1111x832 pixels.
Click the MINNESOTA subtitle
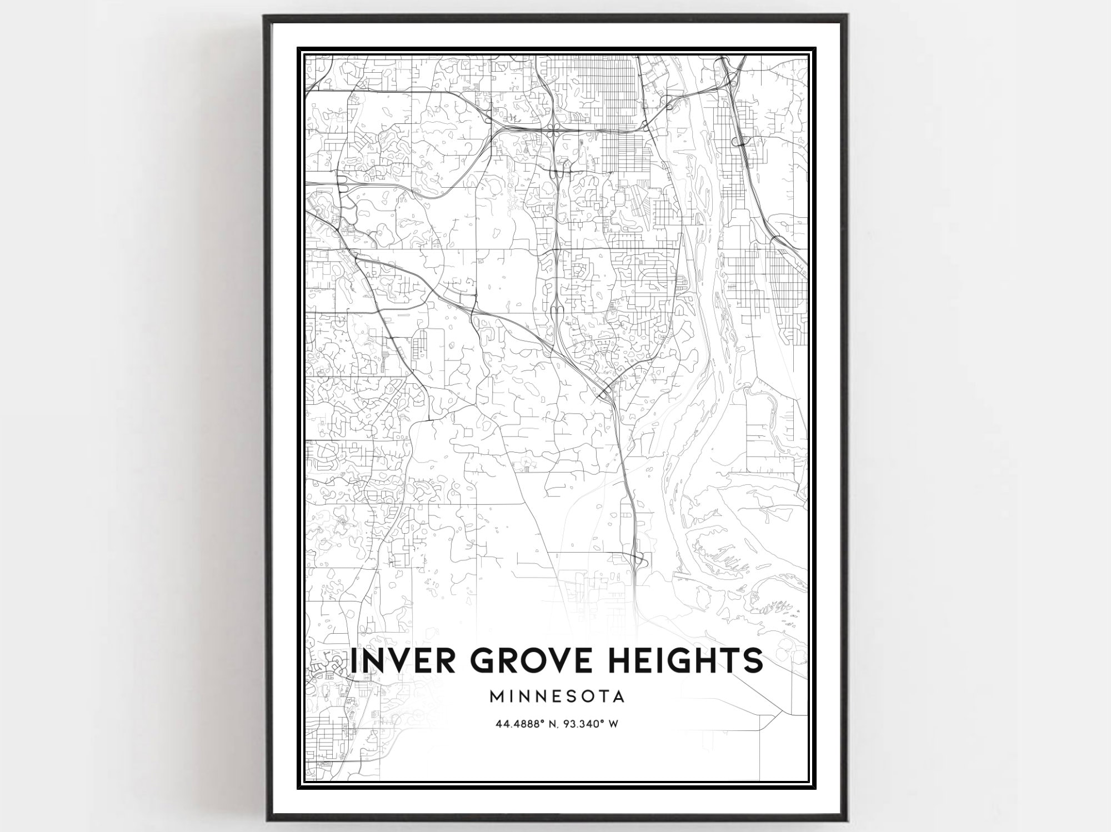(x=557, y=696)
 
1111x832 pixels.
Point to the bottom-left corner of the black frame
(x=265, y=820)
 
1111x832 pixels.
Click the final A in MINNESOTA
(x=618, y=696)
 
